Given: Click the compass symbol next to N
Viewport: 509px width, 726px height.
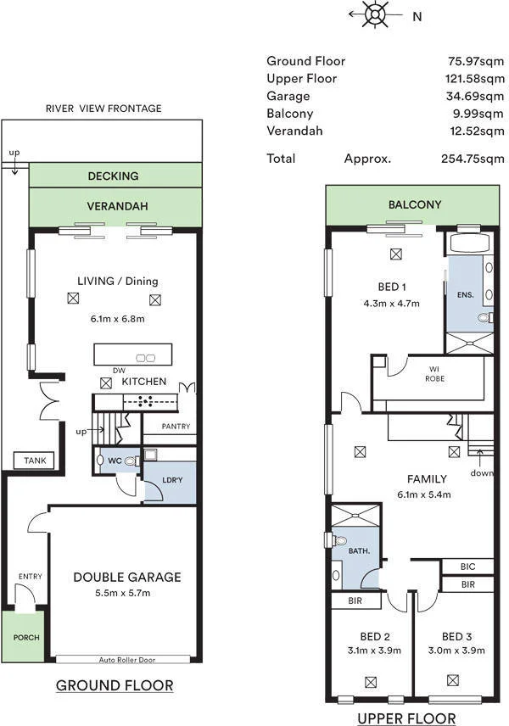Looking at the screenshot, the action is pyautogui.click(x=375, y=14).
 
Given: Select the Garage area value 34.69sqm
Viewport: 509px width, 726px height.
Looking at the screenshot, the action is pyautogui.click(x=475, y=96).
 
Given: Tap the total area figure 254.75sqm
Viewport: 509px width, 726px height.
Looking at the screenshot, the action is pyautogui.click(x=473, y=159).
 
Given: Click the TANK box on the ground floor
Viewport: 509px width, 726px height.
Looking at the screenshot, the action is pyautogui.click(x=35, y=461).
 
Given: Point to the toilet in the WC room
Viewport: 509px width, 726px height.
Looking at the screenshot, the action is pyautogui.click(x=132, y=461).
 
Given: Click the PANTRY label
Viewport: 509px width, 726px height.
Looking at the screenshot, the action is pyautogui.click(x=176, y=426).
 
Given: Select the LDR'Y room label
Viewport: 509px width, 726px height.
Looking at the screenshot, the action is pyautogui.click(x=172, y=480).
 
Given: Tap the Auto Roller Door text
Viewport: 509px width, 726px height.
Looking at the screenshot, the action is pyautogui.click(x=127, y=660).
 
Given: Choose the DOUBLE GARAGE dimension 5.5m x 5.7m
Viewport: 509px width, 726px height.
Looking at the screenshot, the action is pyautogui.click(x=123, y=593).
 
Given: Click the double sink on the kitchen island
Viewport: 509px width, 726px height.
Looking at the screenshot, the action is pyautogui.click(x=145, y=357).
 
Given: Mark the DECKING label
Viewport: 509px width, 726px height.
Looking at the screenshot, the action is pyautogui.click(x=113, y=176).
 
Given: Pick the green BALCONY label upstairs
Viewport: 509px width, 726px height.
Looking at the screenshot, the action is pyautogui.click(x=415, y=204).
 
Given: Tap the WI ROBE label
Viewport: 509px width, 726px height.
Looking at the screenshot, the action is pyautogui.click(x=434, y=374).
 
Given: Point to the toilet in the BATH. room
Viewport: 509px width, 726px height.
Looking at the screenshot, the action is pyautogui.click(x=339, y=540).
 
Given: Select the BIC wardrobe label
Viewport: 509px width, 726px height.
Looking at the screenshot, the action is pyautogui.click(x=467, y=567).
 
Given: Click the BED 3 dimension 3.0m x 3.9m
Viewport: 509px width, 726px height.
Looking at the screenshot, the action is pyautogui.click(x=456, y=651).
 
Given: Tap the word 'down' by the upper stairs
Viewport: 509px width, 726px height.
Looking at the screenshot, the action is pyautogui.click(x=482, y=473).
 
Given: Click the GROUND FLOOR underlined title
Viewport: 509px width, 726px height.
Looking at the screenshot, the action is pyautogui.click(x=115, y=685).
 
